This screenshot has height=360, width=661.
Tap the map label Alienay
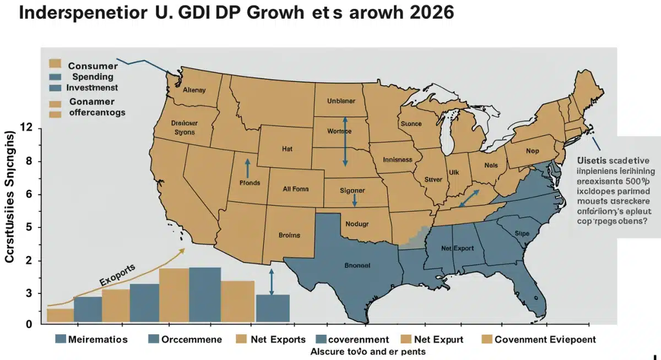point(193,90)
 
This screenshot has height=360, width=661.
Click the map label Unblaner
point(341,101)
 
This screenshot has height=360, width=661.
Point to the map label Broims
point(289,235)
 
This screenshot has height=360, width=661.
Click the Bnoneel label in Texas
point(357,265)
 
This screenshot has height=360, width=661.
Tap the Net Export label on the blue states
point(457,248)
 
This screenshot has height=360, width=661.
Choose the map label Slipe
point(521,233)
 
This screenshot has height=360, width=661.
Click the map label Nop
point(532,150)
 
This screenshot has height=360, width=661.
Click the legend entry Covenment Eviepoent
point(545,340)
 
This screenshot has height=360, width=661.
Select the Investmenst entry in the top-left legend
point(91,88)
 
